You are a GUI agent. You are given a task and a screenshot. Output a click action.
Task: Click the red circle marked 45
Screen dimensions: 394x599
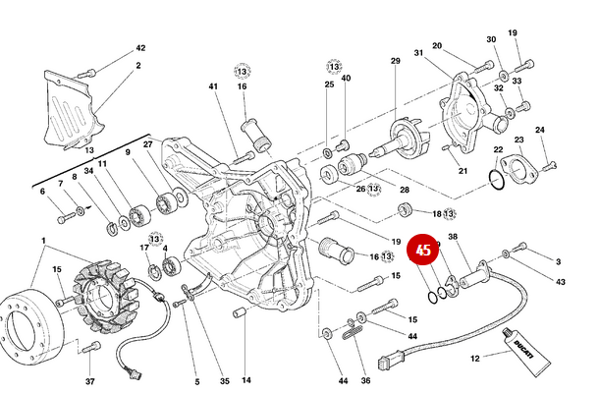pos(423,252)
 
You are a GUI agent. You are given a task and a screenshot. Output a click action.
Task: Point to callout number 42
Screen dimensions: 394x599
pos(139,47)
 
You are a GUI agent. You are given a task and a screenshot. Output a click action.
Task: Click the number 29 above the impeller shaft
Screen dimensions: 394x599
pos(396,62)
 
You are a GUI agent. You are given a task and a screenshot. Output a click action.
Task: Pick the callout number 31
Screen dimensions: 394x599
pos(417,52)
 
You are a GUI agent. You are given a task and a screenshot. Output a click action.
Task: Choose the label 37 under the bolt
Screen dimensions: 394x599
pos(89,380)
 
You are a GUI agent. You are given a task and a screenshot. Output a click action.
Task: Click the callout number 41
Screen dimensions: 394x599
pos(212,86)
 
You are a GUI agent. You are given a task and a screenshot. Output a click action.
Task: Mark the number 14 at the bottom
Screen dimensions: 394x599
pos(245,380)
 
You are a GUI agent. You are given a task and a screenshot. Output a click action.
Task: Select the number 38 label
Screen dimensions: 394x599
pos(453,237)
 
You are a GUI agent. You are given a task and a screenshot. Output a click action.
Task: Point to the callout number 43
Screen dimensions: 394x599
pos(560,282)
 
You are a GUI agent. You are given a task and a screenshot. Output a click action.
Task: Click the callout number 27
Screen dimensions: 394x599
pos(148,144)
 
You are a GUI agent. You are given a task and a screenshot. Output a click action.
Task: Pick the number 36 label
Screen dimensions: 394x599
pos(364,380)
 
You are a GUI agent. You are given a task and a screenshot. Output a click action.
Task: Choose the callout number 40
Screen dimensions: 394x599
pos(345,78)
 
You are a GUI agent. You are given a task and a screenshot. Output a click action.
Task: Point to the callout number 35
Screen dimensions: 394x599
pos(224,380)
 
